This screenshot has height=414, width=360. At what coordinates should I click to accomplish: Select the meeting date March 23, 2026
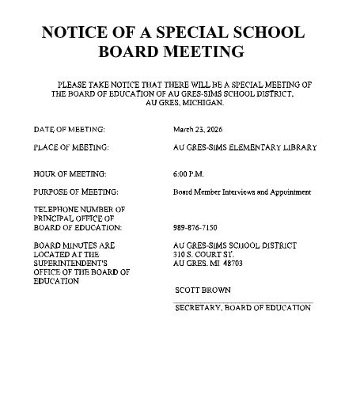pyautogui.click(x=199, y=127)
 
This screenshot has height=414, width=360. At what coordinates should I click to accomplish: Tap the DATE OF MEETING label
pyautogui.click(x=70, y=127)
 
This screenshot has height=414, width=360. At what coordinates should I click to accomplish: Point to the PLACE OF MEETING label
pyautogui.click(x=71, y=147)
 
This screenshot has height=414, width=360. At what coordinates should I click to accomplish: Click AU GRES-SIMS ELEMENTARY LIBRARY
pyautogui.click(x=244, y=147)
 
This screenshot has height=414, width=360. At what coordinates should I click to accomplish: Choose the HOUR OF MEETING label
pyautogui.click(x=70, y=173)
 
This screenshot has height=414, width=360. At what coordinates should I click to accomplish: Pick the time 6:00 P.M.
pyautogui.click(x=188, y=173)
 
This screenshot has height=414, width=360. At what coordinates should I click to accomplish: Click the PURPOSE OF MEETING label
pyautogui.click(x=76, y=192)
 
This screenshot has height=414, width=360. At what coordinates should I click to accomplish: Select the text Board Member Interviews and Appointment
pyautogui.click(x=242, y=192)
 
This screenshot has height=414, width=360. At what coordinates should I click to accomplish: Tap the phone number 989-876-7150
pyautogui.click(x=195, y=227)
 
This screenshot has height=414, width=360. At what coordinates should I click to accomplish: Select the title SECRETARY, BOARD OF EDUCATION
pyautogui.click(x=242, y=308)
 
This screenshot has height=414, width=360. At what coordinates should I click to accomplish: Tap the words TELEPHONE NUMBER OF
pyautogui.click(x=79, y=209)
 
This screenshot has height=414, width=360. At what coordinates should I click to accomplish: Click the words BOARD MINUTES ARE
pyautogui.click(x=74, y=245)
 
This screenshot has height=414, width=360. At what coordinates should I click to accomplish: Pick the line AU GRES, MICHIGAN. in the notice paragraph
pyautogui.click(x=185, y=102)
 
